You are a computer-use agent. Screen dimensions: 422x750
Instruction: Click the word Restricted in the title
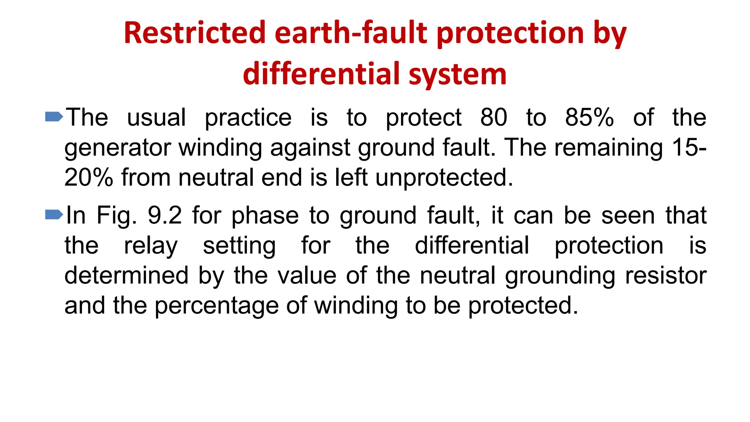194,33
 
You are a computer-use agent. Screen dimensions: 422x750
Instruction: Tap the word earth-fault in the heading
351,33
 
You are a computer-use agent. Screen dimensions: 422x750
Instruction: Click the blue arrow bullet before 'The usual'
54,117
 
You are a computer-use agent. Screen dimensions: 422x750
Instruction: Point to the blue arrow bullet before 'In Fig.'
54,214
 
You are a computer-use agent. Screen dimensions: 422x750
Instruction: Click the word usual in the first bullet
156,118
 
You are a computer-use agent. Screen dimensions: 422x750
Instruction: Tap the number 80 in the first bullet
494,118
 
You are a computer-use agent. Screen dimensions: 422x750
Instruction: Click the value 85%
589,118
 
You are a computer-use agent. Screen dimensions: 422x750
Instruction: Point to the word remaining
608,148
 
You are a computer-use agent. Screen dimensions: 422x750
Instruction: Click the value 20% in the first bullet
89,178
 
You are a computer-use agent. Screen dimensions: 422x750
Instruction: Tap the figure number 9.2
164,215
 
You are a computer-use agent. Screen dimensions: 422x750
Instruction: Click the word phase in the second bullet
265,216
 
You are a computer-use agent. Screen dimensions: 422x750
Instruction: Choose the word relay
151,246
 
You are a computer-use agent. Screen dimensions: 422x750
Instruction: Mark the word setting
239,246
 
